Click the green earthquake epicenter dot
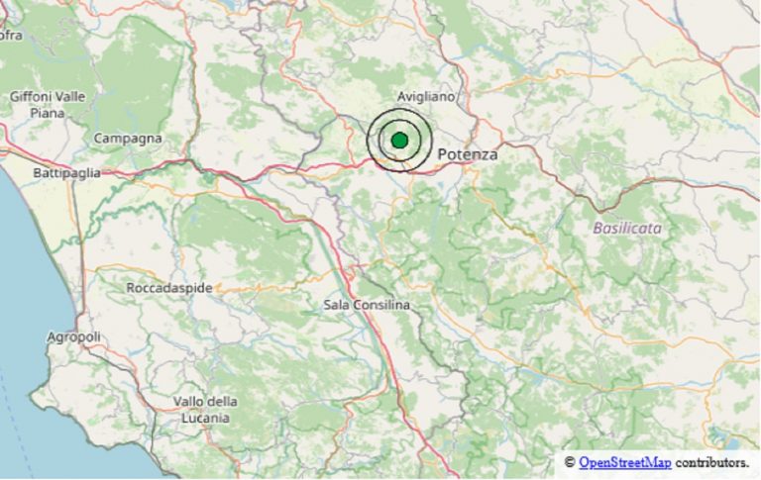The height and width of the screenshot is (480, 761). click(399, 141)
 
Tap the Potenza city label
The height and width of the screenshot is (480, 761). click(467, 155)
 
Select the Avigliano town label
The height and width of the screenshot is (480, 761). click(425, 97)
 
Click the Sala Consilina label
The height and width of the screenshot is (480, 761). click(367, 305)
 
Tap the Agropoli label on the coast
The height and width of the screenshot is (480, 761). click(73, 337)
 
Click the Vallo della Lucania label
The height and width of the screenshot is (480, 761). click(205, 410)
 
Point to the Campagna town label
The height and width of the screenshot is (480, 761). click(128, 139)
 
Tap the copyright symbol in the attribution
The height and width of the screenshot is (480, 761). click(570, 463)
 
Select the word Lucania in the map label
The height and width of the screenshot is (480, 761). click(205, 418)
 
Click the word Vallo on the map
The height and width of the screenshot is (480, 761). click(188, 401)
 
